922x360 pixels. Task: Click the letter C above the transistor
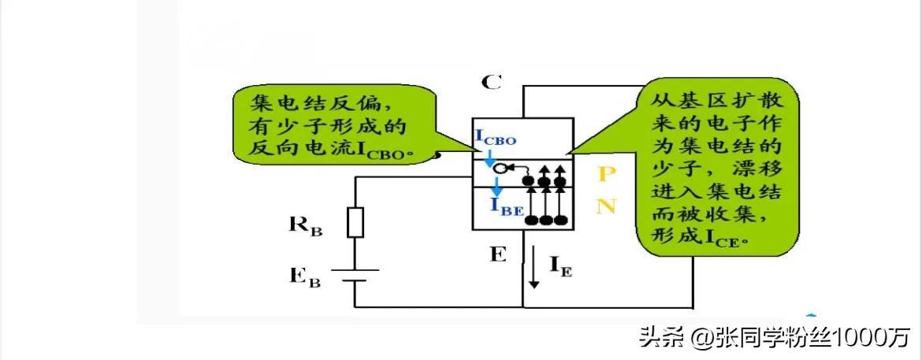point(491,82)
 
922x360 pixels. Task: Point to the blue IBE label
point(504,206)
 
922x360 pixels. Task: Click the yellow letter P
point(605,174)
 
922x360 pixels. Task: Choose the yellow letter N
point(605,206)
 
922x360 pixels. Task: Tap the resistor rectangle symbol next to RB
point(356,222)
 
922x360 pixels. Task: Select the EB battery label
point(304,276)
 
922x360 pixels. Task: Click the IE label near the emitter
point(560,269)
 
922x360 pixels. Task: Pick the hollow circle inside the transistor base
point(509,168)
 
